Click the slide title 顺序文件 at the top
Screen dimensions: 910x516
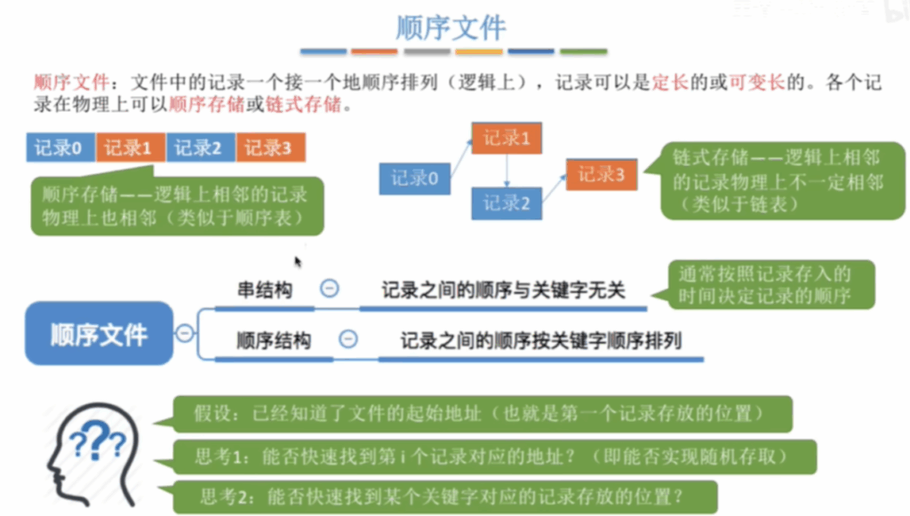451,28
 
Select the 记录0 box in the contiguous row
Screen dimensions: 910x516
60,147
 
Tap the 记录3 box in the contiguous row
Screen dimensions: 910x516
270,147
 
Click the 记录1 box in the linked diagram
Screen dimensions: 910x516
507,138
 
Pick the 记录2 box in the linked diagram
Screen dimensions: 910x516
507,203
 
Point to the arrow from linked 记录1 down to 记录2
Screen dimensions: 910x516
507,171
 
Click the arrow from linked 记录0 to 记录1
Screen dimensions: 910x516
461,158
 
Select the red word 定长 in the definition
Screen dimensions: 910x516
670,83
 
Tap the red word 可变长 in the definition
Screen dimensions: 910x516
756,83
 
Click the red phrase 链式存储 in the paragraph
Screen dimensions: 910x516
303,105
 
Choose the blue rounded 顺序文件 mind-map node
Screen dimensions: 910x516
99,333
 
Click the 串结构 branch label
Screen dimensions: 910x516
265,290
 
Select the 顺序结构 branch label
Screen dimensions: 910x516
274,340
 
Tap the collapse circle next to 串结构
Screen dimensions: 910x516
330,288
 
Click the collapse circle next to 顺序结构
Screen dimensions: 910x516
348,339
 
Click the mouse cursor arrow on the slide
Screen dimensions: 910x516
298,262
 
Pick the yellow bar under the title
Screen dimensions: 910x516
479,52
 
